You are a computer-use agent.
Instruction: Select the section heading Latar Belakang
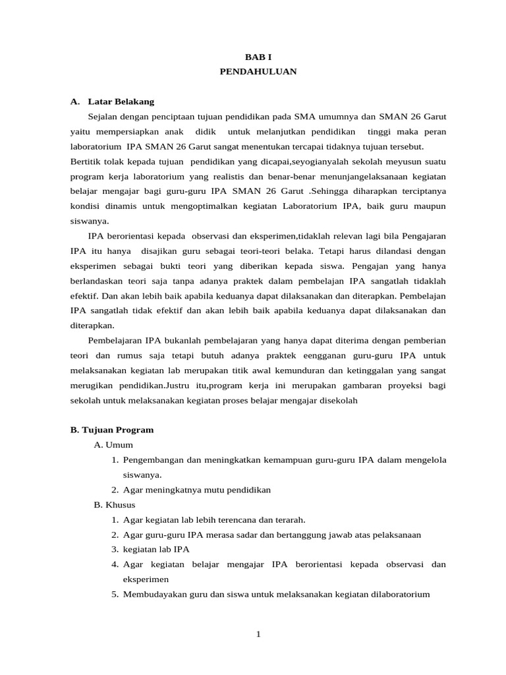point(121,102)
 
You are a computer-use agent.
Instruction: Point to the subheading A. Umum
point(113,445)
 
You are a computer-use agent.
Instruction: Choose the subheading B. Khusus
point(115,505)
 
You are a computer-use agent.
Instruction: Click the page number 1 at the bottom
point(258,634)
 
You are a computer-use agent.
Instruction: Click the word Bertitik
point(86,161)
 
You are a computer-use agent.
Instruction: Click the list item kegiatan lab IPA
point(156,549)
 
